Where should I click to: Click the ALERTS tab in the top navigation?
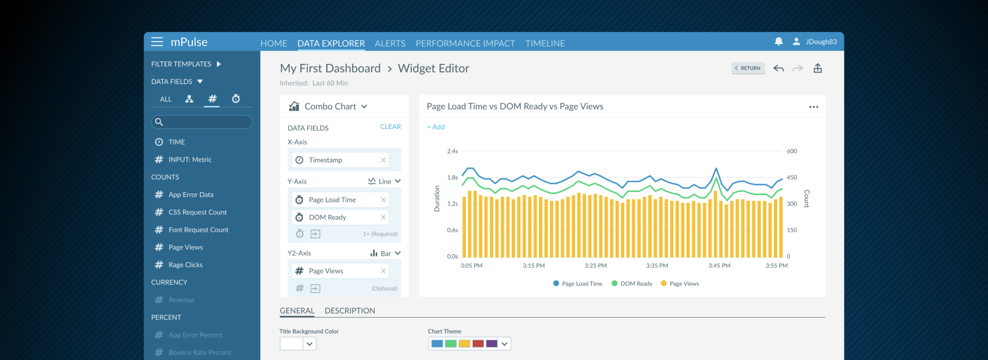390,44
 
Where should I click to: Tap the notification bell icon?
778,41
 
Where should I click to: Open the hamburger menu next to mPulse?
157,42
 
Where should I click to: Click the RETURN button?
748,68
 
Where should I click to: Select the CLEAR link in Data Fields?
390,127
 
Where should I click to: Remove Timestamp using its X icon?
383,160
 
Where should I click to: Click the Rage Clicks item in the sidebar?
185,265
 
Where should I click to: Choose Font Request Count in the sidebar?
198,230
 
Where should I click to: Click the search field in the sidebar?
202,122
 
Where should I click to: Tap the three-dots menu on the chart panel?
813,107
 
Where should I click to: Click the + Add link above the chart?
436,127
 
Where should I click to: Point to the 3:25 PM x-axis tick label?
595,265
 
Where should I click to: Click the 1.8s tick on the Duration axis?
452,178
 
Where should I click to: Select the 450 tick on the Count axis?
792,178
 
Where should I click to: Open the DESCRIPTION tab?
350,311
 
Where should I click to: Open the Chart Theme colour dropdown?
504,344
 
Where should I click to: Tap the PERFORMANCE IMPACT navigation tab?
465,44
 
